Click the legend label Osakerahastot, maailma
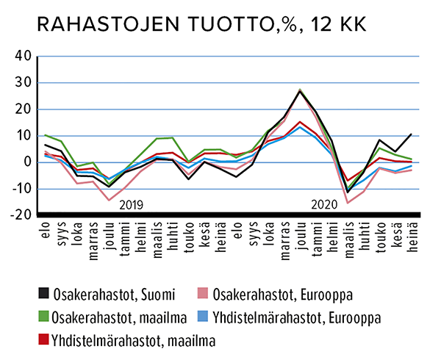coord(115,317)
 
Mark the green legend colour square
coord(44,317)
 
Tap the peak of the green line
coord(300,90)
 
